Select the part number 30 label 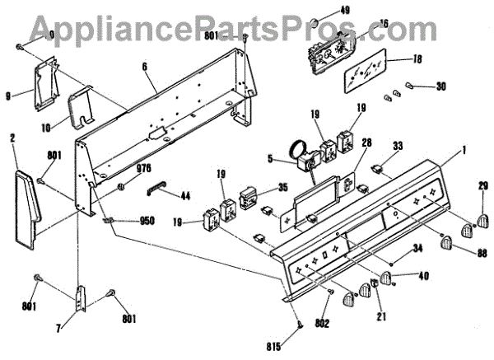coord(440,86)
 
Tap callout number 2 coord(13,138)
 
